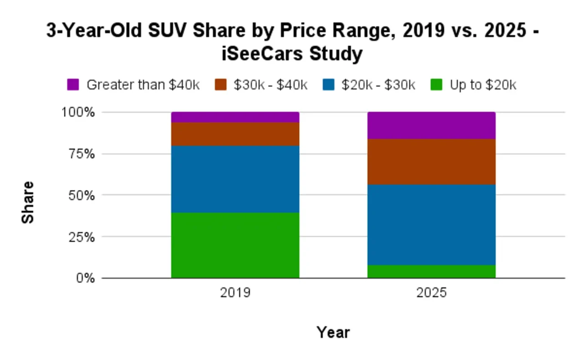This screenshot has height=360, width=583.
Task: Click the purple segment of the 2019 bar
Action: click(x=235, y=117)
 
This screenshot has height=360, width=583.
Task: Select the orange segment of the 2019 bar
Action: click(x=235, y=134)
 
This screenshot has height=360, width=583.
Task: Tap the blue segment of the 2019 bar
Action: click(x=235, y=179)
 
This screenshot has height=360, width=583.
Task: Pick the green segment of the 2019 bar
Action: click(x=235, y=245)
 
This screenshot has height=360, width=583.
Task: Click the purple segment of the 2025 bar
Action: click(x=431, y=126)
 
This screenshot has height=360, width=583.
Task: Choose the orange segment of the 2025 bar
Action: click(x=431, y=162)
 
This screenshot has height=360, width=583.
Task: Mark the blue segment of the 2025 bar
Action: click(x=431, y=224)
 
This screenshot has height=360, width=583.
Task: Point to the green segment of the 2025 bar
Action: click(x=431, y=271)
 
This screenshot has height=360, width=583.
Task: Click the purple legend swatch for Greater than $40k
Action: click(x=73, y=85)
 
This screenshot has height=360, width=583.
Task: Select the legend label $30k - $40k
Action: click(x=271, y=85)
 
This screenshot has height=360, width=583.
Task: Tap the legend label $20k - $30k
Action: click(x=378, y=85)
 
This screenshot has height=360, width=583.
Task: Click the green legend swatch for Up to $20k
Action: click(x=437, y=85)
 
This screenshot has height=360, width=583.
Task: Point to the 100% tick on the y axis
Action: click(x=78, y=112)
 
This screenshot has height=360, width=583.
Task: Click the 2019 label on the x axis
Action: click(x=235, y=292)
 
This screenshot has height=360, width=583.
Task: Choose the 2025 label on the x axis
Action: click(x=431, y=292)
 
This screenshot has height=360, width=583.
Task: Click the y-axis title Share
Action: click(x=28, y=202)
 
